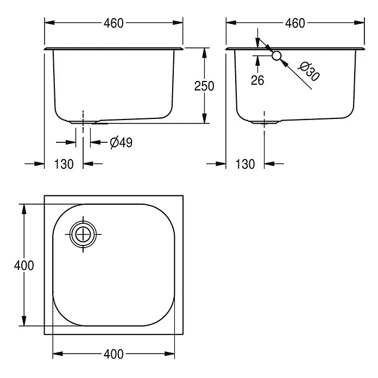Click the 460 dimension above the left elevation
pos(114,23)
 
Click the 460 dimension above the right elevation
pos(295,23)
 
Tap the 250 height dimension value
pos(204,86)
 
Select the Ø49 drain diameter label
pos(121,142)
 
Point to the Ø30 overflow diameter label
pos(309,72)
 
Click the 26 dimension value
pos(257,80)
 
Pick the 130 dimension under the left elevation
pos(64,164)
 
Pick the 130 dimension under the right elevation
pos(245,164)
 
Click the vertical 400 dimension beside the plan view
pos(24,266)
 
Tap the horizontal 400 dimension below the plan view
pos(114,354)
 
